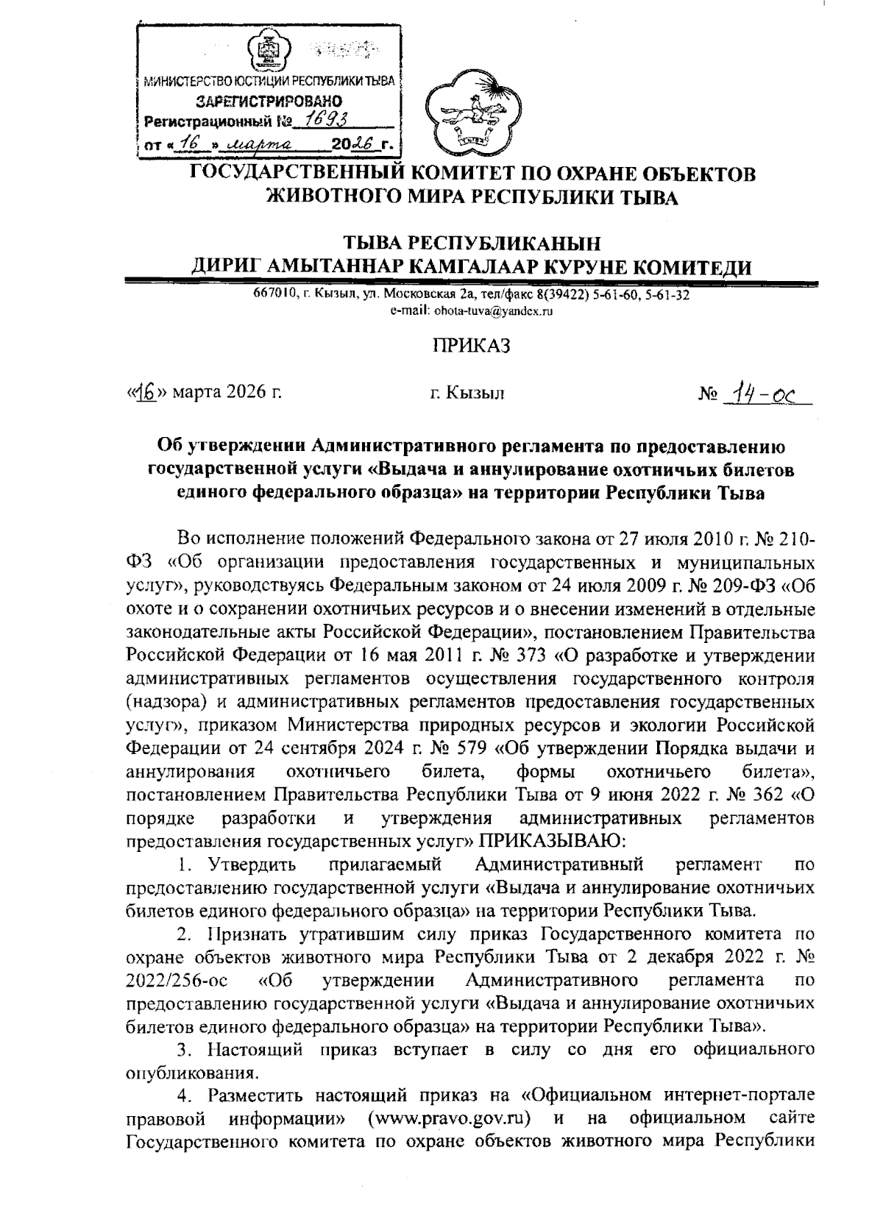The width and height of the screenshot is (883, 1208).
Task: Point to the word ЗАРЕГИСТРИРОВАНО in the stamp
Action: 268,101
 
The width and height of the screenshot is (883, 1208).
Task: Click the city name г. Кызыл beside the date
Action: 467,394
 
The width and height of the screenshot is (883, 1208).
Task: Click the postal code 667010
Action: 275,296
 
